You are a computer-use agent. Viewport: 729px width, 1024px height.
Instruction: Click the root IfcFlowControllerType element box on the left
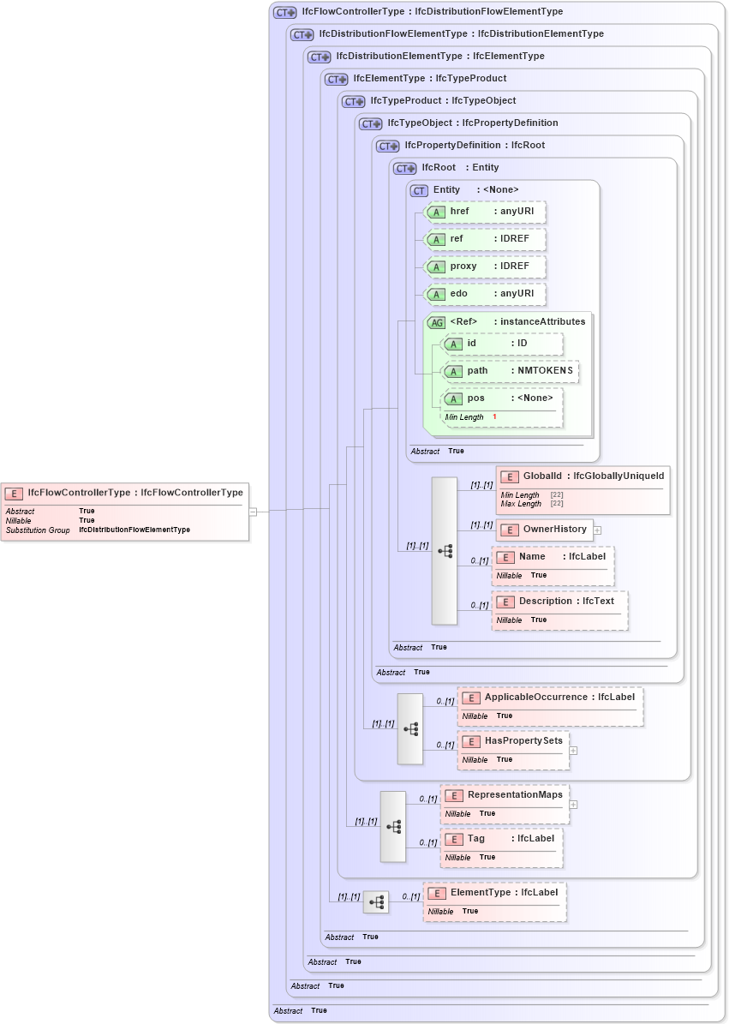[125, 511]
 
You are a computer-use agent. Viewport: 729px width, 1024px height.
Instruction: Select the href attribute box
[486, 212]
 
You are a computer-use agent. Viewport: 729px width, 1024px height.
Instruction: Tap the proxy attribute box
[486, 266]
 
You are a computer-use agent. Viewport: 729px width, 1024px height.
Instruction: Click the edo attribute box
[486, 294]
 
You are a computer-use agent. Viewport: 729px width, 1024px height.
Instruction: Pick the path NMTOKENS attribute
[510, 371]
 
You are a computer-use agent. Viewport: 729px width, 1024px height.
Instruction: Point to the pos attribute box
[502, 407]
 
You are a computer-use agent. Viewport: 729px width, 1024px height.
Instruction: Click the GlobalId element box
[583, 489]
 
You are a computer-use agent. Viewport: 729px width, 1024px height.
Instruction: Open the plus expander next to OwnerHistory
[597, 530]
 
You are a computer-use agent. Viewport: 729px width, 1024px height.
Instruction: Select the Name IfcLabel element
[553, 565]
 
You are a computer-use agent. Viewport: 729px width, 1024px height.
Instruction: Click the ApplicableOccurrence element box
[551, 705]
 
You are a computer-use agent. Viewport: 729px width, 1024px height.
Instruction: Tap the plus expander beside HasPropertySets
[573, 750]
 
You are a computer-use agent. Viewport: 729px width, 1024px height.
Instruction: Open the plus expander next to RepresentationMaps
[573, 804]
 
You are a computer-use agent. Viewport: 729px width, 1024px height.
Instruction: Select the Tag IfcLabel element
[502, 846]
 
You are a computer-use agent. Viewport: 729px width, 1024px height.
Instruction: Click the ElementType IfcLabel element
[495, 901]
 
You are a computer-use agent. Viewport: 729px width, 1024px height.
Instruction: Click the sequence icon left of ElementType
[376, 901]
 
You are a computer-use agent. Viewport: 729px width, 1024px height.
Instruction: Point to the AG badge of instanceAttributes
[437, 322]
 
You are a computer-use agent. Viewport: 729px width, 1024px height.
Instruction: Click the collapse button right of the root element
[253, 512]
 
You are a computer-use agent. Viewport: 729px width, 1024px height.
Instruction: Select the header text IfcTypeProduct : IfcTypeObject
[443, 101]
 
